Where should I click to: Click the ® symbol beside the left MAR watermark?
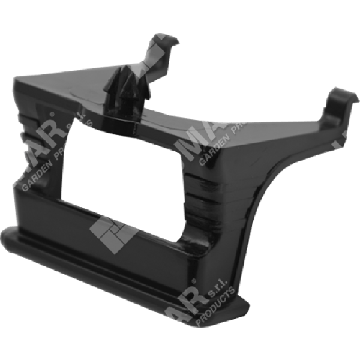(53, 115)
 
